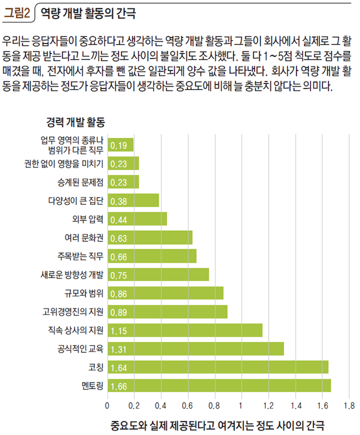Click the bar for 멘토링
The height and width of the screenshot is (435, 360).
point(219,385)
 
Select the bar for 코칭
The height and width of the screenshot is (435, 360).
point(218,367)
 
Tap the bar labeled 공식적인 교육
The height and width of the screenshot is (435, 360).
point(196,349)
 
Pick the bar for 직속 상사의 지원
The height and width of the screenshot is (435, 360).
point(185,330)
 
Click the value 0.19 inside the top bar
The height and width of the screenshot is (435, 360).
point(118,146)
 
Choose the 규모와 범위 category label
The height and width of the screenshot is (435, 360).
point(84,293)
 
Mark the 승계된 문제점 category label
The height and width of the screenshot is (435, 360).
point(80,182)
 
